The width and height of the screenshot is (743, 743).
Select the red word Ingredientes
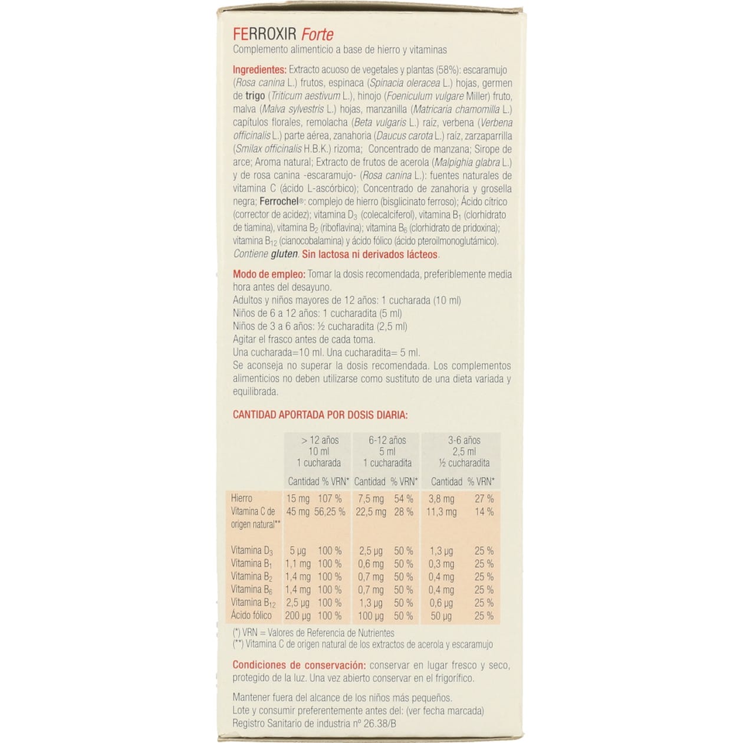tap(259, 70)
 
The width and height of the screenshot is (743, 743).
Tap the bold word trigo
tap(255, 96)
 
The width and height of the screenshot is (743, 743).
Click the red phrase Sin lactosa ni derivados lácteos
tap(370, 255)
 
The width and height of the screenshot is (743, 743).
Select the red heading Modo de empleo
tap(269, 274)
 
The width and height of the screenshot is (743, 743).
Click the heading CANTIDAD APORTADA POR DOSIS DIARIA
tap(320, 415)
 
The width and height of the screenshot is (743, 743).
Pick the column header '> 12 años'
tap(320, 440)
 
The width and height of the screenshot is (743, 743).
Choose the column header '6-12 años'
tap(387, 440)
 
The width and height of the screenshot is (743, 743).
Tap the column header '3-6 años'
tap(464, 440)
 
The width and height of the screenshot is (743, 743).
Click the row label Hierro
tap(242, 499)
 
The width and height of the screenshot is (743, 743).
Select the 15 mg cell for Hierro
tap(298, 499)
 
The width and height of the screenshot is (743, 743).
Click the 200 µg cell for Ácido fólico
tap(298, 616)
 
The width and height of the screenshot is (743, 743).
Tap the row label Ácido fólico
tap(251, 616)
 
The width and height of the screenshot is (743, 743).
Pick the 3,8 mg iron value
tap(441, 499)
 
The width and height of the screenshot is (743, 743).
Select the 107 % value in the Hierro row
tap(330, 499)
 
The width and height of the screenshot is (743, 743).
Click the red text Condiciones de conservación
tap(299, 665)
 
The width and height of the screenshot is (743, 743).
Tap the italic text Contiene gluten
tap(265, 255)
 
